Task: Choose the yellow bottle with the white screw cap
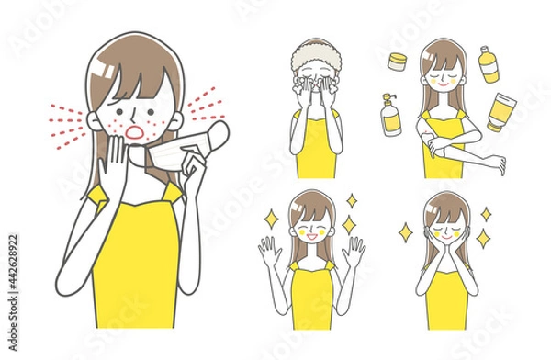tap(487, 64)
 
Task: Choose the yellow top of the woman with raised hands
tap(311, 294)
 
